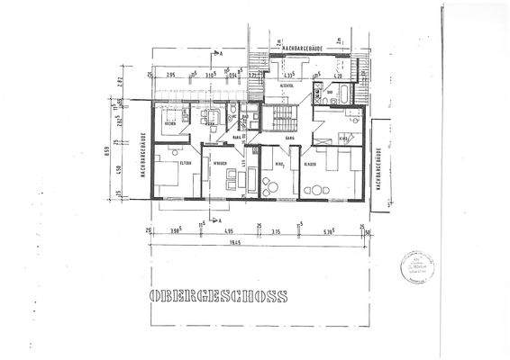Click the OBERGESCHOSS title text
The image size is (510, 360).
pyautogui.click(x=219, y=295)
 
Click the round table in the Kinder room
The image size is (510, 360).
pyautogui.click(x=315, y=190)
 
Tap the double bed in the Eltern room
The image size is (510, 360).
pyautogui.click(x=166, y=173)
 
